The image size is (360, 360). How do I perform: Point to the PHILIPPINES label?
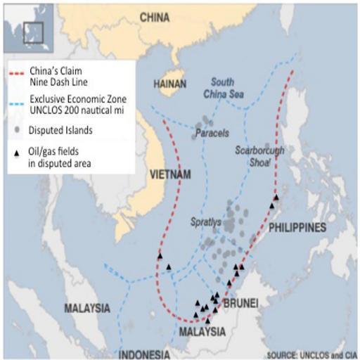[297, 228]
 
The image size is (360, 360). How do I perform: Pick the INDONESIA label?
[143, 352]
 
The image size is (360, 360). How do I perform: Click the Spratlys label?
[205, 222]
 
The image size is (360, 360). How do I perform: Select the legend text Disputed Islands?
[60, 130]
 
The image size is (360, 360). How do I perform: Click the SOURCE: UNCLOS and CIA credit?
[310, 353]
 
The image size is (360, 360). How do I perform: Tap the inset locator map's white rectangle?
[33, 32]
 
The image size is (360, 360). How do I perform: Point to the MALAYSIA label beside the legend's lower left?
[87, 308]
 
